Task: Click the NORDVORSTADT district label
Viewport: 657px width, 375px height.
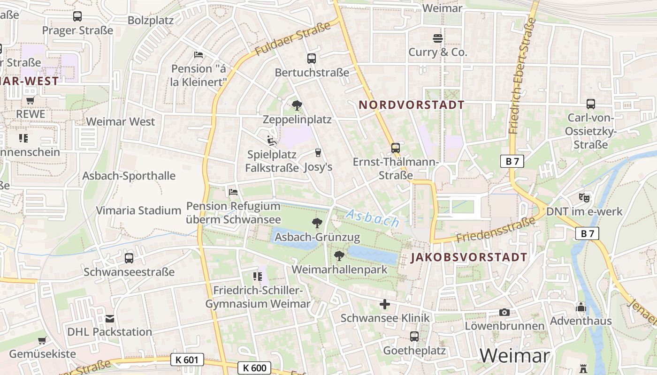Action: [412, 105]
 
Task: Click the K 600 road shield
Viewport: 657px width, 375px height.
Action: [255, 368]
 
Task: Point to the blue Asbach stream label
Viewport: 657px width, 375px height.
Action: [373, 218]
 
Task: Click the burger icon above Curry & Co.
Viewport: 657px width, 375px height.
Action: [438, 38]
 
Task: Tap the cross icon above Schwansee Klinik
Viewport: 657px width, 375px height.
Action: [385, 305]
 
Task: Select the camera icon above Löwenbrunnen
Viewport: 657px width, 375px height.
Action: [504, 312]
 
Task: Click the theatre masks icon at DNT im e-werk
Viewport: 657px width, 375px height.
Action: [584, 197]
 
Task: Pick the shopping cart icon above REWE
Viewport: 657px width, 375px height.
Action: [31, 100]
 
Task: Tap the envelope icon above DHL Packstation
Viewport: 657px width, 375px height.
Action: [110, 319]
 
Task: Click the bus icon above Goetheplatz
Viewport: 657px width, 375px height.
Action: [414, 336]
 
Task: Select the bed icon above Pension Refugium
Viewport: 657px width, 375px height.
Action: [233, 192]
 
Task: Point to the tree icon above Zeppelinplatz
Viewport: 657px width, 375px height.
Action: [297, 105]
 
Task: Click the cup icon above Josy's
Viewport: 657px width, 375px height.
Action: [318, 153]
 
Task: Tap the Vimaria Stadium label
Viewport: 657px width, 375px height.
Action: [138, 210]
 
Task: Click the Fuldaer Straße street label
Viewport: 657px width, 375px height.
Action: [293, 38]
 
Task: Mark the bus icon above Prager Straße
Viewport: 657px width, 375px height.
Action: [77, 17]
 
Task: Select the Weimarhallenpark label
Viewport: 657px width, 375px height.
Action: [340, 270]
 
